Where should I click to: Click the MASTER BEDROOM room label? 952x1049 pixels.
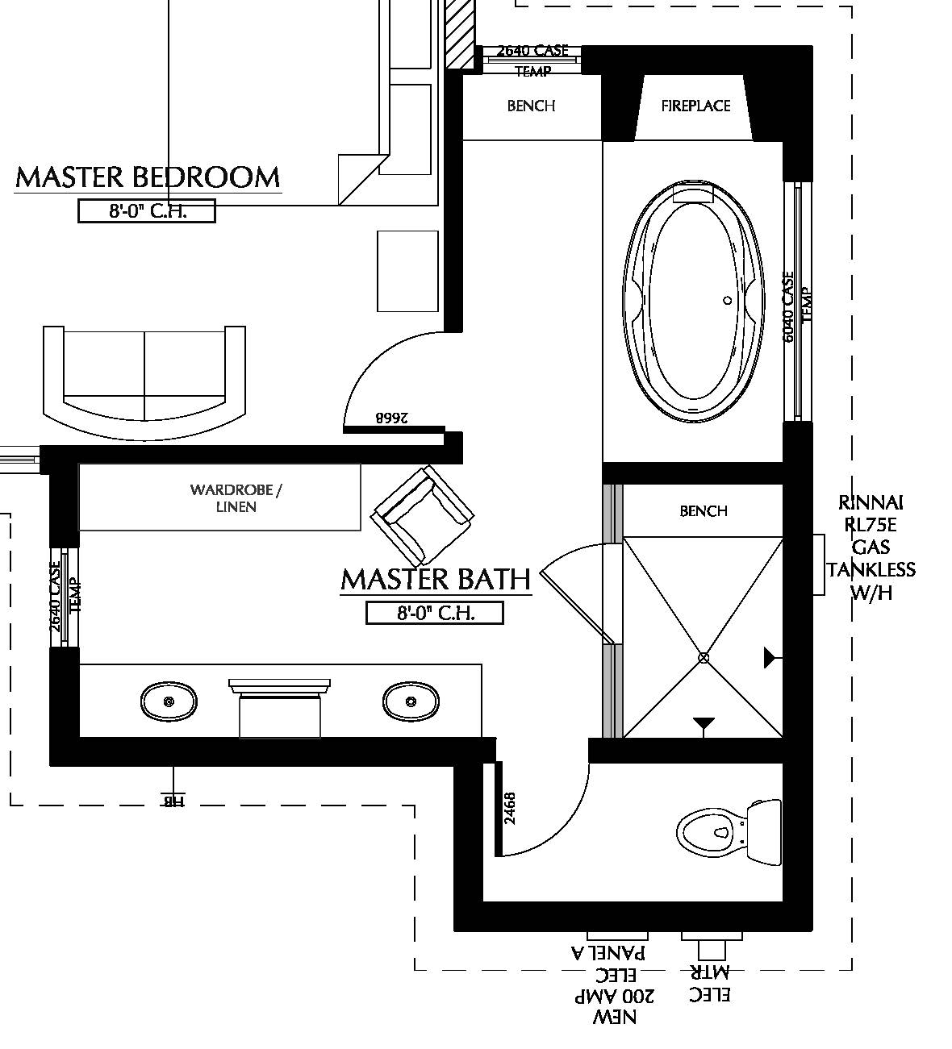click(148, 177)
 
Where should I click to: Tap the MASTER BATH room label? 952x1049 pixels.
click(436, 579)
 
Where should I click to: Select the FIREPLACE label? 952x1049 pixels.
click(695, 106)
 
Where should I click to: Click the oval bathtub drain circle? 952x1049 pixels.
click(727, 300)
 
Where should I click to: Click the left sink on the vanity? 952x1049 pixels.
click(169, 701)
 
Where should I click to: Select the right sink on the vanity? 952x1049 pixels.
click(411, 701)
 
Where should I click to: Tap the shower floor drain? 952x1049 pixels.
click(704, 658)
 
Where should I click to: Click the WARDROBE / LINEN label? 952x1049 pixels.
click(236, 498)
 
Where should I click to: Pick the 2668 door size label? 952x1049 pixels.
click(392, 418)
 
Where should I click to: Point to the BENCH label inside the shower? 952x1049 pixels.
click(704, 511)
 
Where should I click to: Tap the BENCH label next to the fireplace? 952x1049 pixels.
click(531, 106)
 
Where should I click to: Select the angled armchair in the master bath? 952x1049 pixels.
click(422, 514)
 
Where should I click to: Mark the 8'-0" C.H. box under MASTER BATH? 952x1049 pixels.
click(435, 613)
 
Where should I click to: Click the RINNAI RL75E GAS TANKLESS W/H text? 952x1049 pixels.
click(870, 547)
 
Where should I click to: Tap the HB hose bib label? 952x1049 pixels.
click(173, 801)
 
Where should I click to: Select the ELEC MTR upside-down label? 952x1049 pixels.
click(710, 984)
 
